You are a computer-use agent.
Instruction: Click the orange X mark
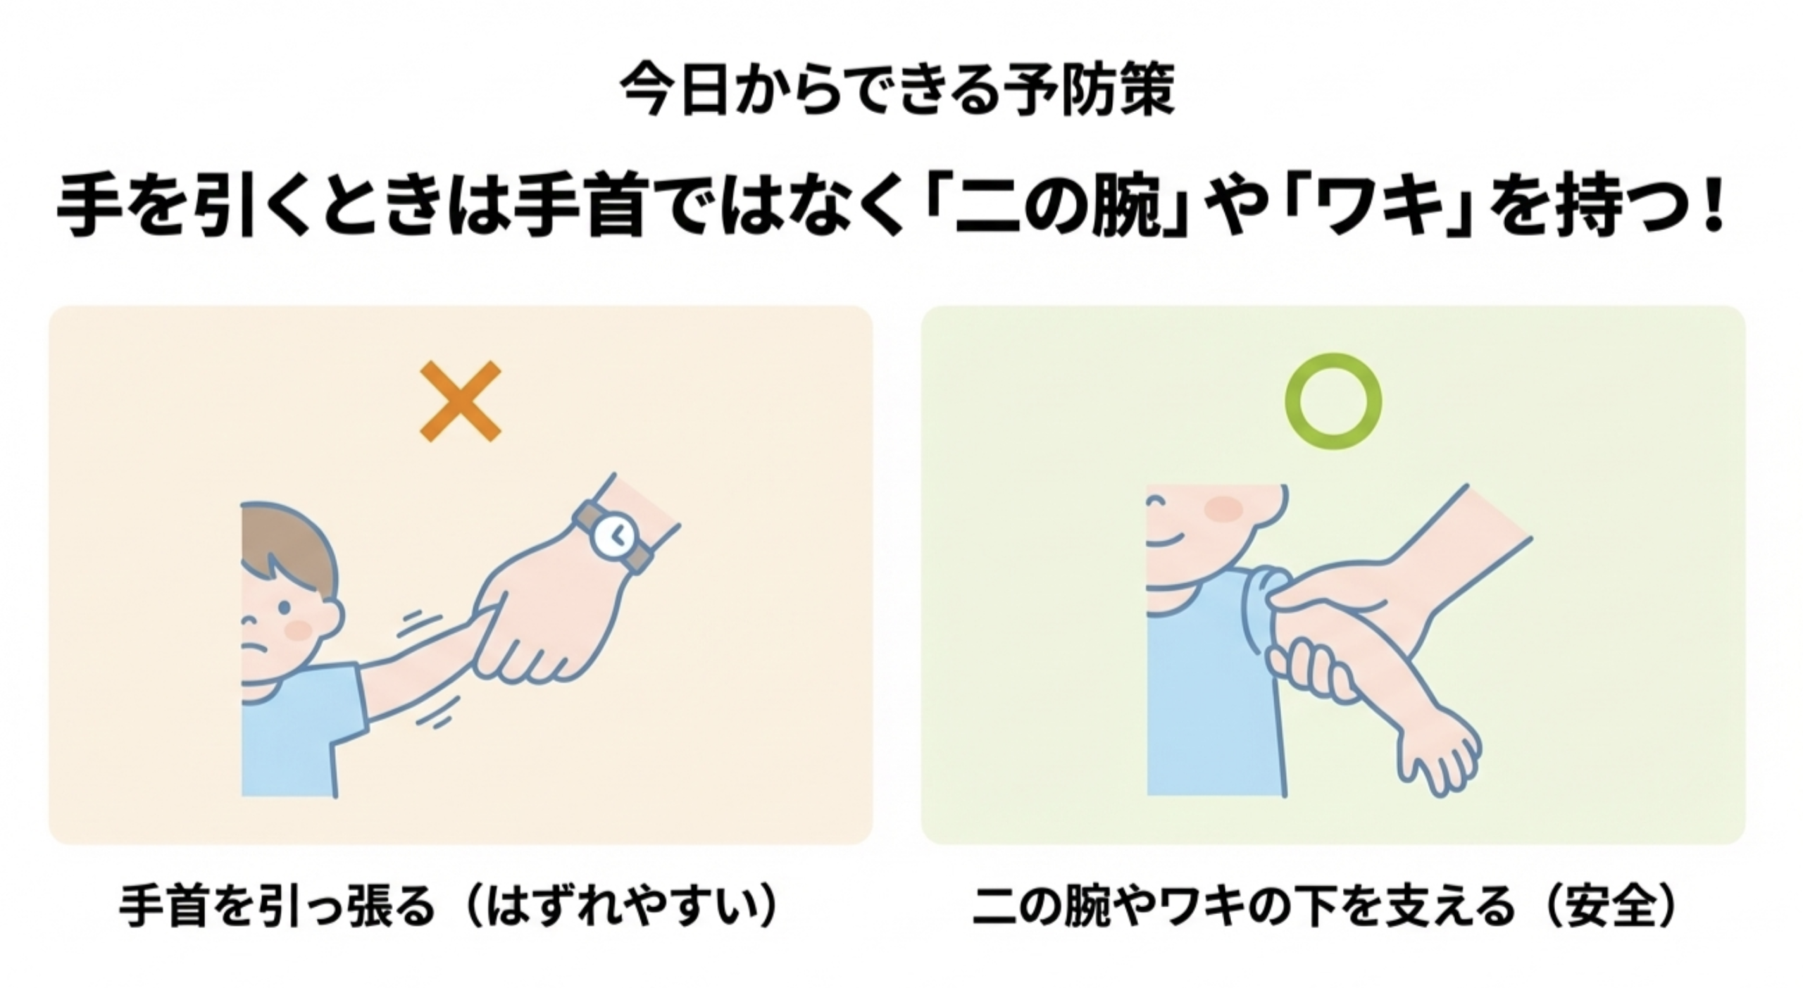coord(461,401)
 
